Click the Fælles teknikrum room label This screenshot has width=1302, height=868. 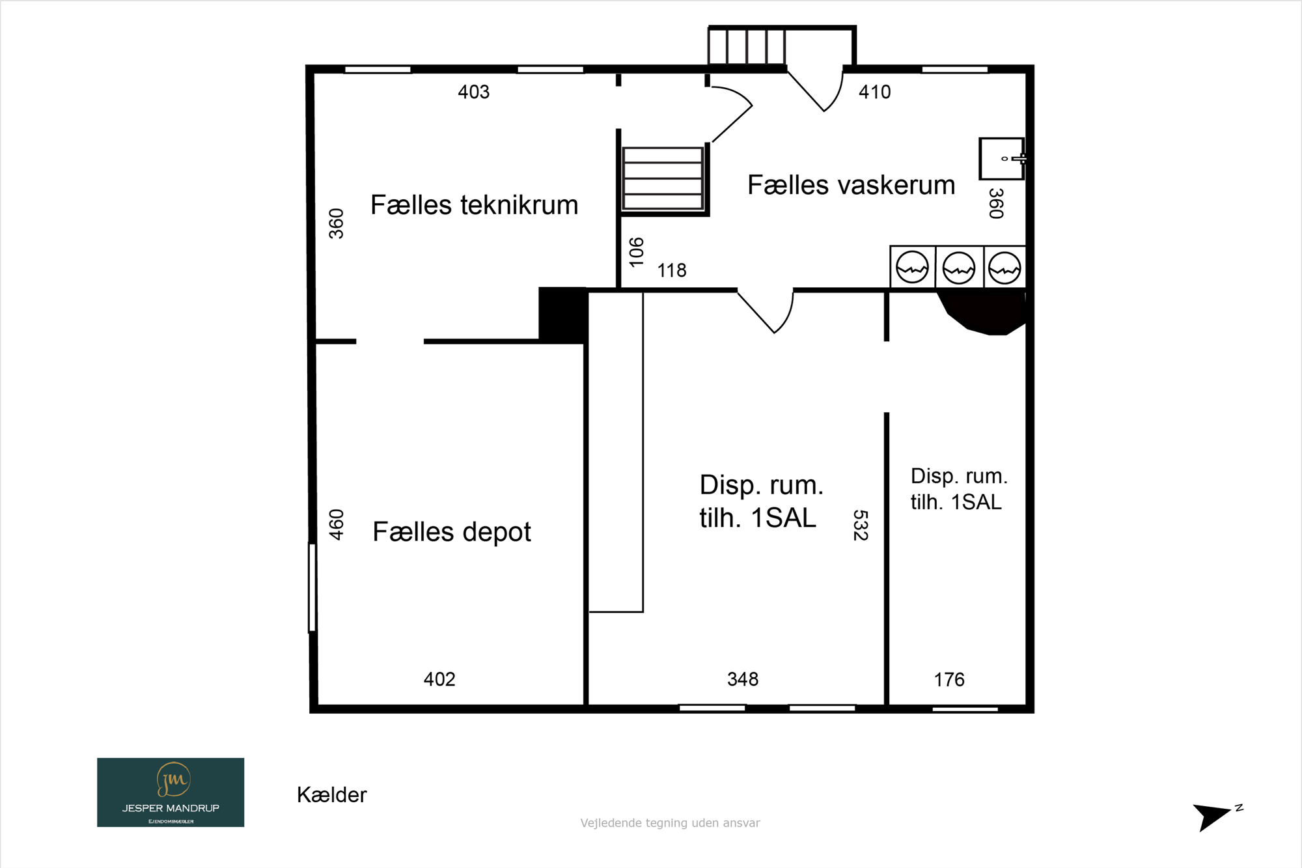(474, 205)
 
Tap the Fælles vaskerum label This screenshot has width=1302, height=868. (851, 185)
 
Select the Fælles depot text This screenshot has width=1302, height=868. (452, 531)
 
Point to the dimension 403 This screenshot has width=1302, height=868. (473, 92)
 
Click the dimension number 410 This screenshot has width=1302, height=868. (874, 92)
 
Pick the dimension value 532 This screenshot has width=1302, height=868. (861, 525)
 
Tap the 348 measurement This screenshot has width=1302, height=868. (743, 679)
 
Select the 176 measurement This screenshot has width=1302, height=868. (949, 680)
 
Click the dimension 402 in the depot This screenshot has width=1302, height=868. (439, 679)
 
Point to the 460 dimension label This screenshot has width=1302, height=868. (336, 525)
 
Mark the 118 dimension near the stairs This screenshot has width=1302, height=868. (672, 270)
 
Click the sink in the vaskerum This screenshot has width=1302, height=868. (1003, 158)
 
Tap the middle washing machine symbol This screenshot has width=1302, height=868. (959, 268)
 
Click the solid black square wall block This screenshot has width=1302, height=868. (563, 315)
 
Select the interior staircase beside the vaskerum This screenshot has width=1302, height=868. (663, 178)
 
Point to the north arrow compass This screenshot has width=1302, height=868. (1216, 817)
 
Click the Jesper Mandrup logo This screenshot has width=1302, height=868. (171, 792)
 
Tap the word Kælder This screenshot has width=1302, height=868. (332, 795)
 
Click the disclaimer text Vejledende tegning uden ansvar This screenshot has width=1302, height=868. (670, 823)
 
